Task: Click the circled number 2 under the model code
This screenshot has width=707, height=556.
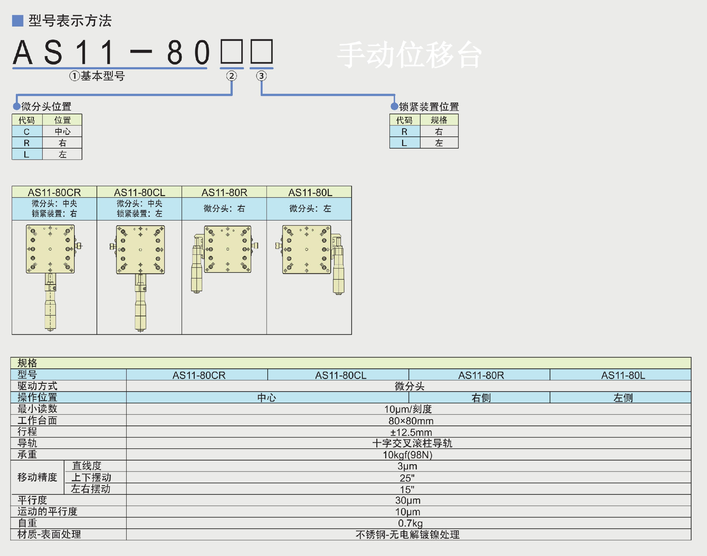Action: (231, 76)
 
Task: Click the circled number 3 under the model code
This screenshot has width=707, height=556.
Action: (261, 76)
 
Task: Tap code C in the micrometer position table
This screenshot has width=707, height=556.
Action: (27, 132)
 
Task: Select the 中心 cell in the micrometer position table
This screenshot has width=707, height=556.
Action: (62, 132)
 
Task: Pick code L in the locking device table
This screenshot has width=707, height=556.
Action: (404, 143)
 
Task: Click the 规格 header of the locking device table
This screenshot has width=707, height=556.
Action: (439, 120)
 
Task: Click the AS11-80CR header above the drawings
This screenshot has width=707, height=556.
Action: (54, 192)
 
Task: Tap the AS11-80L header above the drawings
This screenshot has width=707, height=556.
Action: (310, 192)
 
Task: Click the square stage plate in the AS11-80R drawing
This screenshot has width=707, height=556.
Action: (228, 249)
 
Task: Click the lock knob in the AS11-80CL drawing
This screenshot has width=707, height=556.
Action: (112, 246)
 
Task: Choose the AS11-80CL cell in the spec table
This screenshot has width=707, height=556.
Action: (341, 375)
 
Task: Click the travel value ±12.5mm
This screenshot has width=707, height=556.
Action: (411, 432)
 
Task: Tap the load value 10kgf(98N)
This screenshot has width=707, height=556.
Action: (407, 455)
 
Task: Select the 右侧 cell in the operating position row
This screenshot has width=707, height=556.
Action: (481, 398)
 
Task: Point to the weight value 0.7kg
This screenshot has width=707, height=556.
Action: (410, 523)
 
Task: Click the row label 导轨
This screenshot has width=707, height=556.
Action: (28, 443)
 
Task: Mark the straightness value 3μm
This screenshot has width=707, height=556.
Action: (407, 466)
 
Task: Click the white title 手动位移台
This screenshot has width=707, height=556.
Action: (409, 55)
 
